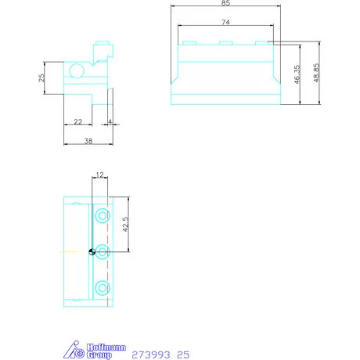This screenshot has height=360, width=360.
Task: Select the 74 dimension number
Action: coord(225,22)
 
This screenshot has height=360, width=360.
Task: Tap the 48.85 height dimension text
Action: coord(316,74)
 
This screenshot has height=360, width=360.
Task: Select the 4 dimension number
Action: coord(111,121)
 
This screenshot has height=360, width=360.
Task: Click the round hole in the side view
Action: coord(76,72)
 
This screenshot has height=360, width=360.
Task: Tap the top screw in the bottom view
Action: coord(101,214)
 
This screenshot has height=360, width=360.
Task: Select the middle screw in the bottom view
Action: coord(101,251)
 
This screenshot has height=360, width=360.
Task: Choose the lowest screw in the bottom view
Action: coord(101,287)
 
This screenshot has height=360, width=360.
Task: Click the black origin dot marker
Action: coord(92,251)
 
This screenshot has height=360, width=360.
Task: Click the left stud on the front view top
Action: coord(188,43)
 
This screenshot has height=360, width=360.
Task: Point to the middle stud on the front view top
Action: coord(225,43)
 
